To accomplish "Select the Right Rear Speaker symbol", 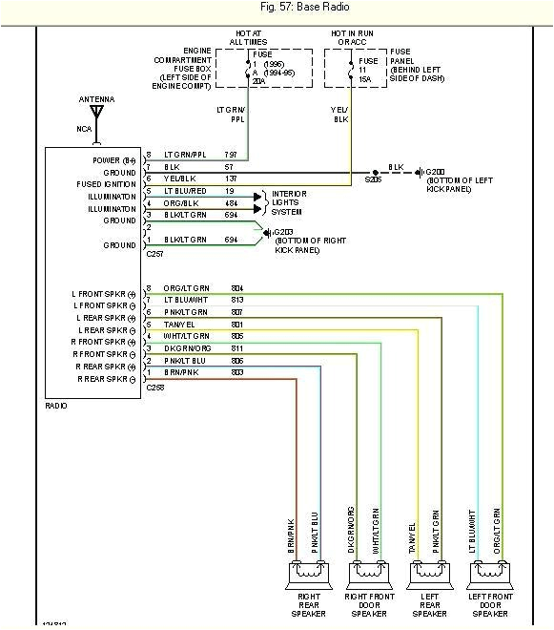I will [x=306, y=575].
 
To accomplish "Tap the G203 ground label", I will [x=282, y=232].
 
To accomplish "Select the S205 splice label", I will [x=373, y=178].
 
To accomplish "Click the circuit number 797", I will [x=230, y=155].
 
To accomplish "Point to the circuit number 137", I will [x=230, y=178].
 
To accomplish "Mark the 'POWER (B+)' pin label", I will [x=114, y=159].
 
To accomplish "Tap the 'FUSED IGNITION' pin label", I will [x=107, y=184].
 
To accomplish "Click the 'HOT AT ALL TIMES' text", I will [x=249, y=37].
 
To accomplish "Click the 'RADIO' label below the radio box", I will [x=56, y=406].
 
